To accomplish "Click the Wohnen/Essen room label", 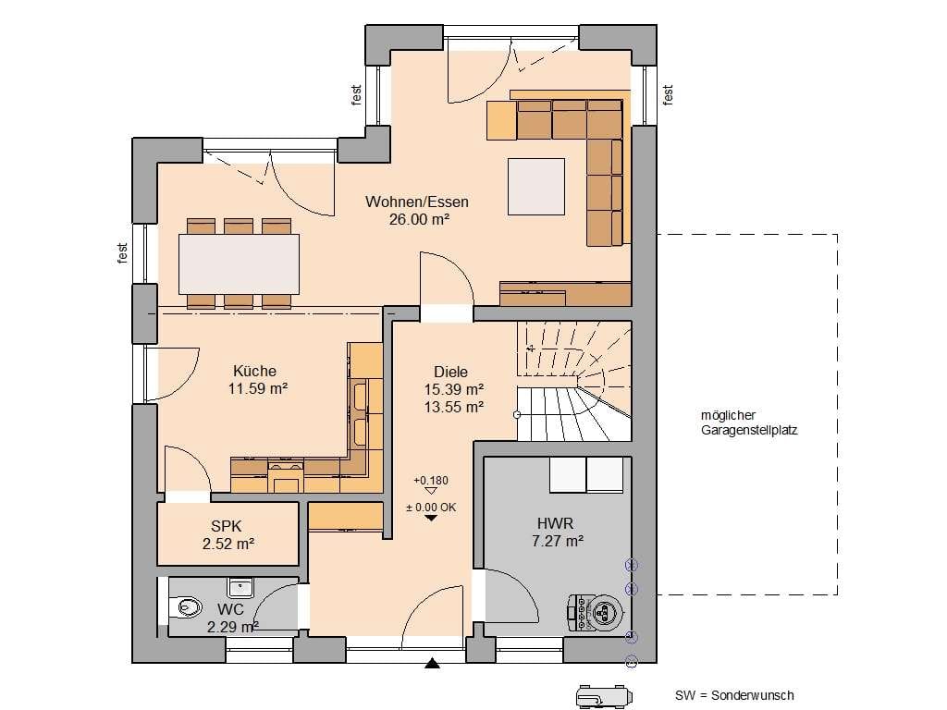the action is click(x=417, y=202).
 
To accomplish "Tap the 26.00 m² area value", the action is click(x=419, y=219).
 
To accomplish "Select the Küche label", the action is click(x=255, y=371).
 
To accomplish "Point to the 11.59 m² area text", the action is click(x=258, y=388).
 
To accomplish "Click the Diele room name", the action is click(x=450, y=372).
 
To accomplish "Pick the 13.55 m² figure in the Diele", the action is click(x=453, y=407).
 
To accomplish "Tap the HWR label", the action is click(x=556, y=523).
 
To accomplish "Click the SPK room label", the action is click(x=227, y=526).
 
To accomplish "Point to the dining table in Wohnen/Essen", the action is click(x=240, y=263).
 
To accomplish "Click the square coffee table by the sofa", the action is click(x=536, y=187).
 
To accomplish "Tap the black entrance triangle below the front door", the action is click(x=432, y=664).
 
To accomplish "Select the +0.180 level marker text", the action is click(x=431, y=481).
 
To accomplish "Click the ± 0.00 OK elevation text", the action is click(x=431, y=508).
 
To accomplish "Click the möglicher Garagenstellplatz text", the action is click(x=749, y=422).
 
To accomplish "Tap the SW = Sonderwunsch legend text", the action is click(x=734, y=695).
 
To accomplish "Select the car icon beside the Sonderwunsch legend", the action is click(x=601, y=695).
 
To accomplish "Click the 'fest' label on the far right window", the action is click(x=668, y=95).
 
